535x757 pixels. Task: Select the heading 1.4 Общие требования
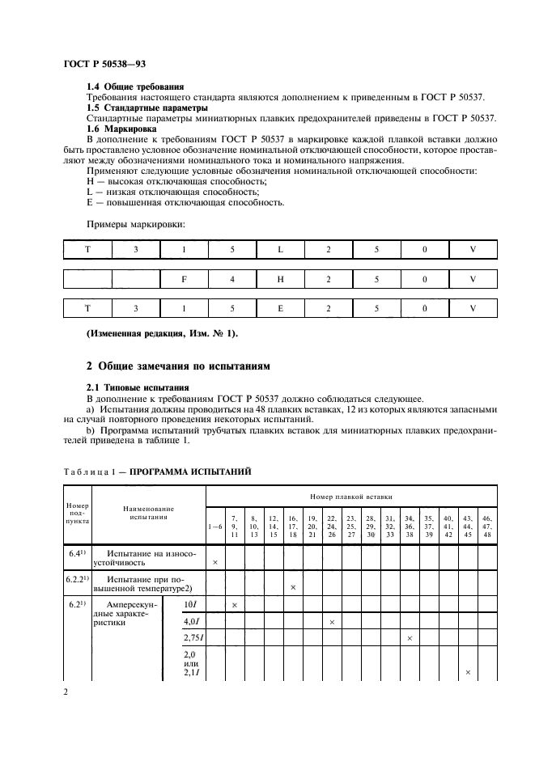tap(135, 87)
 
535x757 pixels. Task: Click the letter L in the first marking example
tap(280, 250)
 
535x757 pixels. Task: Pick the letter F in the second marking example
tap(184, 279)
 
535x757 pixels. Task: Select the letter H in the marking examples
tap(280, 279)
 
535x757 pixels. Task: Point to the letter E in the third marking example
tap(280, 308)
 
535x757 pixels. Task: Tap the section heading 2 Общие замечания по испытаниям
tap(178, 366)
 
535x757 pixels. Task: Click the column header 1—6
tap(215, 527)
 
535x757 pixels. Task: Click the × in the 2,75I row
tap(410, 638)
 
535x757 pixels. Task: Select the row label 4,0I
tap(192, 621)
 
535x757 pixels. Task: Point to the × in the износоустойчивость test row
tap(214, 560)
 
